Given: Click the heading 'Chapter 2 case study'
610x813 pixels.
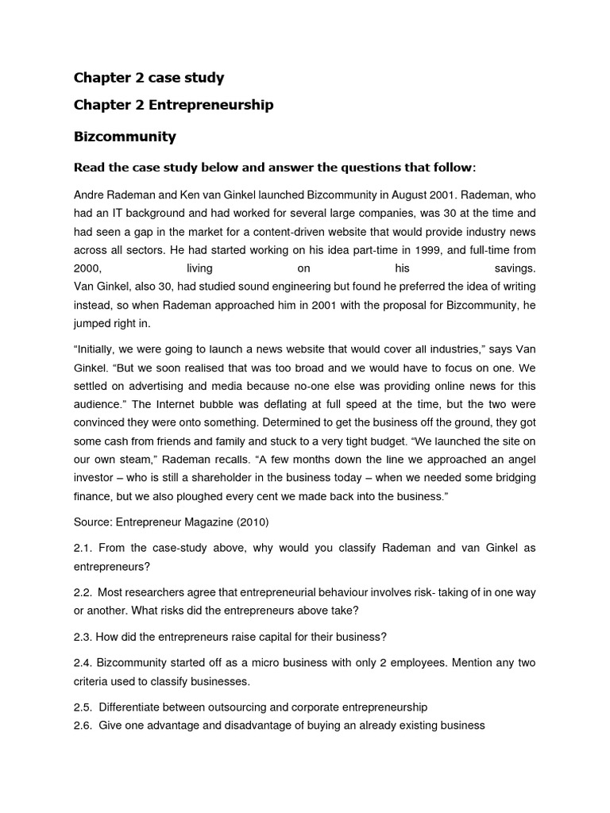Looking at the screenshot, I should tap(149, 78).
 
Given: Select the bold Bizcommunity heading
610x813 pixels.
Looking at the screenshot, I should tap(125, 137).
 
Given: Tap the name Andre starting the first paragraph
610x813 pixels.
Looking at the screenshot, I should tap(89, 195).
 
